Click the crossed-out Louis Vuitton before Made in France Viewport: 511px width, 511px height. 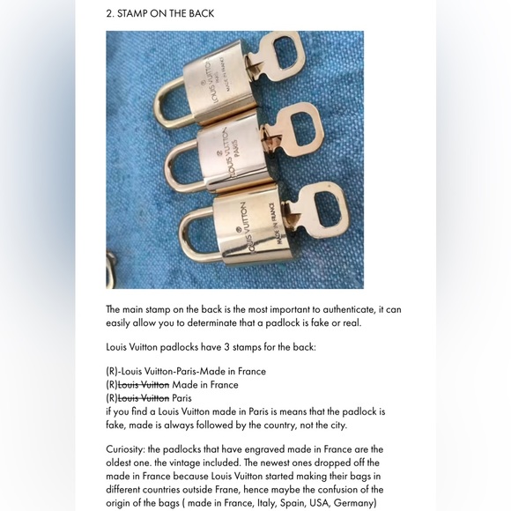pyautogui.click(x=144, y=385)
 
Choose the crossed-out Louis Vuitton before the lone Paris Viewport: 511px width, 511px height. pyautogui.click(x=144, y=398)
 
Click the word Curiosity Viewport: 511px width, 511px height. pyautogui.click(x=127, y=449)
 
